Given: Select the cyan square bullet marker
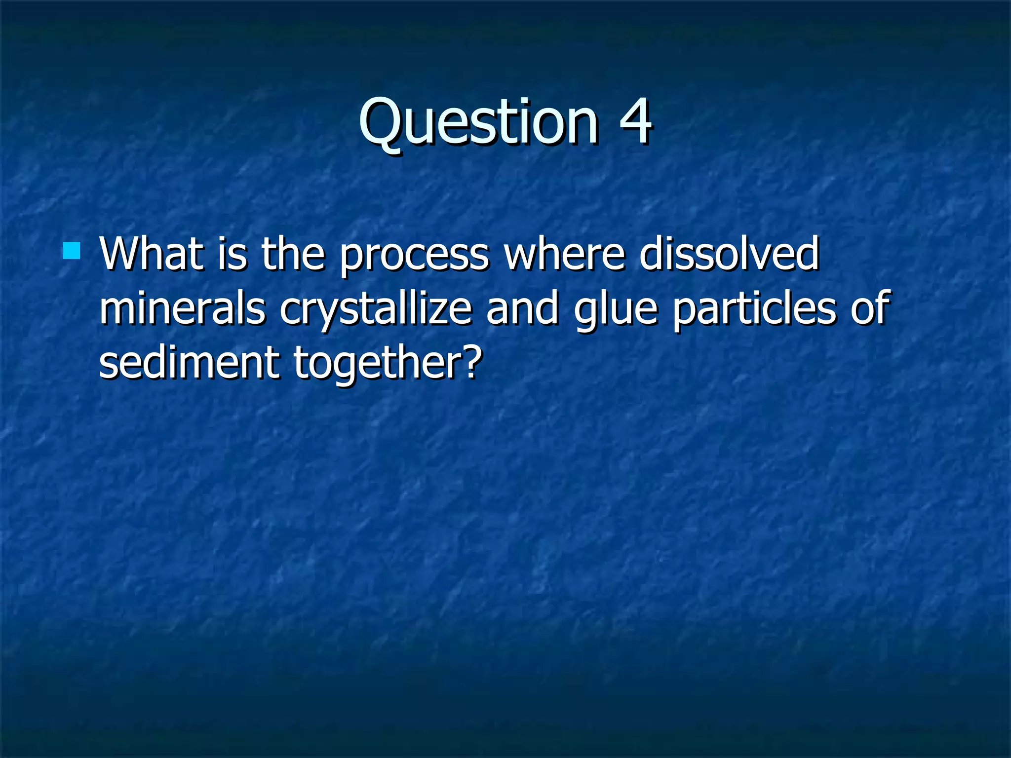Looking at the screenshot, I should [72, 251].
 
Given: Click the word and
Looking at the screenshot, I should [522, 308].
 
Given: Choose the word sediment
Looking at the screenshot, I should [189, 362].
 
